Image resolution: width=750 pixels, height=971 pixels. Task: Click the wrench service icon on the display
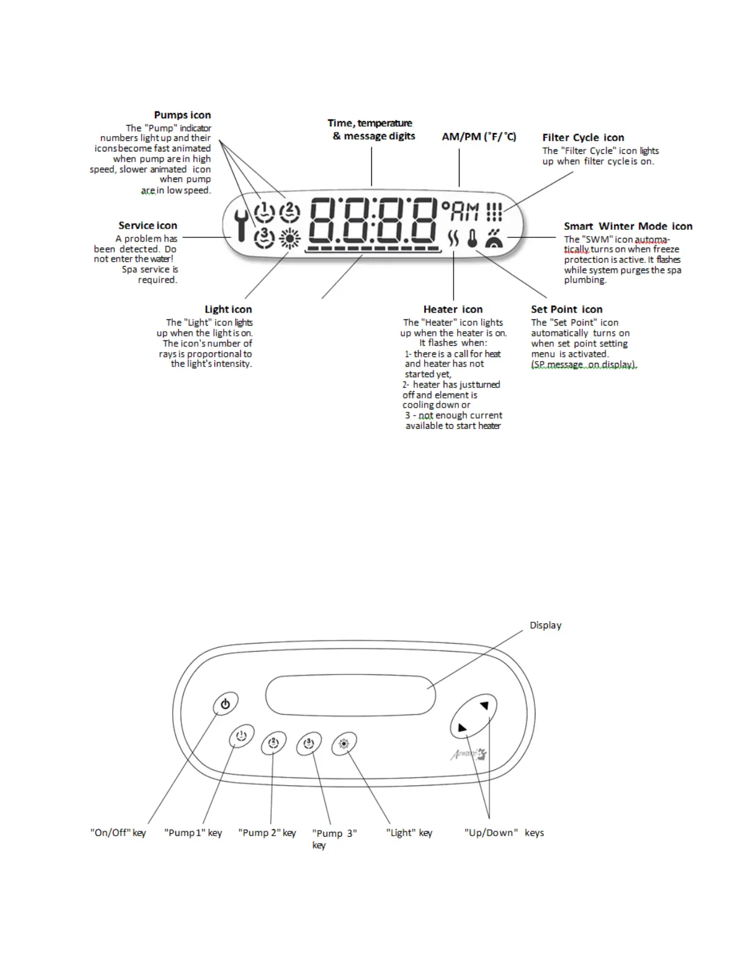pyautogui.click(x=241, y=225)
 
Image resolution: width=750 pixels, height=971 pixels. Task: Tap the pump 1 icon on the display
pyautogui.click(x=264, y=212)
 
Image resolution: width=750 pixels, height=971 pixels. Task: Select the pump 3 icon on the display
pyautogui.click(x=264, y=237)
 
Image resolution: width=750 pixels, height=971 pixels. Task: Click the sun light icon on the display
pyautogui.click(x=290, y=238)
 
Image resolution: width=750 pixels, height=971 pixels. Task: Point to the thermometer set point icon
pyautogui.click(x=472, y=238)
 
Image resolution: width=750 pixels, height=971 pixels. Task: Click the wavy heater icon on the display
pyautogui.click(x=453, y=238)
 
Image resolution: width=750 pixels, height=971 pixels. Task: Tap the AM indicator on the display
pyautogui.click(x=464, y=212)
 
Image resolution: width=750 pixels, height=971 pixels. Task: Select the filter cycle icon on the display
pyautogui.click(x=494, y=212)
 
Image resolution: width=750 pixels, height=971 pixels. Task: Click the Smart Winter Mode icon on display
pyautogui.click(x=494, y=238)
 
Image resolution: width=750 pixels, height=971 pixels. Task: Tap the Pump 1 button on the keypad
pyautogui.click(x=241, y=736)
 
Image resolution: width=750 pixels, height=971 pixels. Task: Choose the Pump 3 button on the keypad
pyautogui.click(x=309, y=744)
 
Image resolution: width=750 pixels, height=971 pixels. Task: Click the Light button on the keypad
pyautogui.click(x=344, y=744)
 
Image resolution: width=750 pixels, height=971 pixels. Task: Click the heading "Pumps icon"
pyautogui.click(x=182, y=115)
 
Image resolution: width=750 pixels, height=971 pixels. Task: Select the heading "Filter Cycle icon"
pyautogui.click(x=583, y=137)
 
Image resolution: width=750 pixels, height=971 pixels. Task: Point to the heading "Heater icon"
pyautogui.click(x=453, y=309)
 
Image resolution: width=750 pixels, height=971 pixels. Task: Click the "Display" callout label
pyautogui.click(x=545, y=625)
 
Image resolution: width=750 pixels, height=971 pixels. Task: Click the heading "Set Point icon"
pyautogui.click(x=566, y=309)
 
